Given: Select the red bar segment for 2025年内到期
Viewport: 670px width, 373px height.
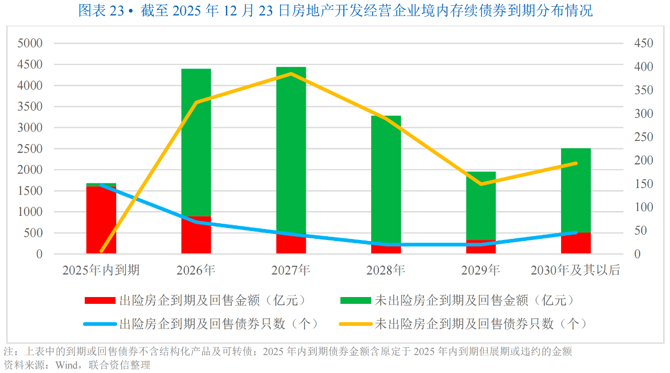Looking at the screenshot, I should point(101,220).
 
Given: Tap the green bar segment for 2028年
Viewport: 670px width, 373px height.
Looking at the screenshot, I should point(386,178).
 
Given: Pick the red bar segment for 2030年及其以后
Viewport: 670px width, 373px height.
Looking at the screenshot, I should point(576,244).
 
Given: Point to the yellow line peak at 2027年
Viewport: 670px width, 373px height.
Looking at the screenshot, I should point(291,74).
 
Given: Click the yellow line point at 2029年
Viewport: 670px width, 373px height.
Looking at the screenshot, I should point(481,184).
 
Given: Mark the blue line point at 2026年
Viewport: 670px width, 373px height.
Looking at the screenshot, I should point(196,222).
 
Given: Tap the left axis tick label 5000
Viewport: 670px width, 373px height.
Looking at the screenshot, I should point(30,43).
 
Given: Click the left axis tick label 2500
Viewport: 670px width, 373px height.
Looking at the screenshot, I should point(30,149).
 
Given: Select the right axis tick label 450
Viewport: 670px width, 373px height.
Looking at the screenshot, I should point(643,43).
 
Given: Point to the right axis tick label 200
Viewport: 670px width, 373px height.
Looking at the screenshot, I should point(643,160).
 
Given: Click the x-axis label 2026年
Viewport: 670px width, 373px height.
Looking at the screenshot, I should point(196,270).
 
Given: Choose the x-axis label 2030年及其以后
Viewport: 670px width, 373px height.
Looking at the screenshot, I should point(575,270).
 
